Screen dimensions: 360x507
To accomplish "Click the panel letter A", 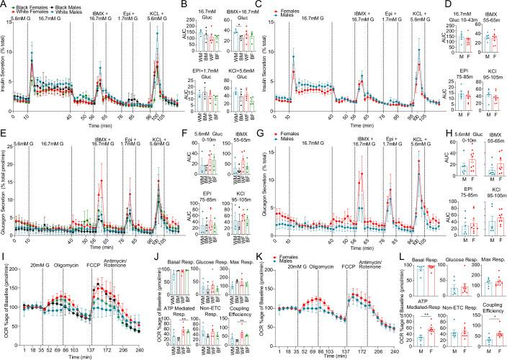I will coord(4,5).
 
